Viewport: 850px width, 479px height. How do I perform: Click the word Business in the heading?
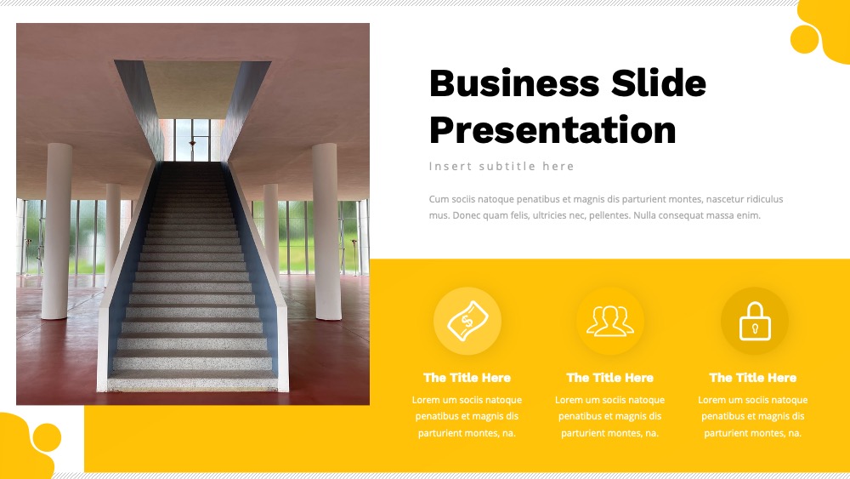514,83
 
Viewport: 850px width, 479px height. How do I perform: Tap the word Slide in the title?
659,83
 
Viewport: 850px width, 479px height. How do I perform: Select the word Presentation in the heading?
552,129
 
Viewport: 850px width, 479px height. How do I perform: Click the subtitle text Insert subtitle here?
501,167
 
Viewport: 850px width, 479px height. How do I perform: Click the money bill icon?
467,321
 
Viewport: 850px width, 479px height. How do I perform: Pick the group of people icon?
609,321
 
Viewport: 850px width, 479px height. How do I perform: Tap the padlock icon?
755,321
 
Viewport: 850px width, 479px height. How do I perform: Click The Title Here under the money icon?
467,378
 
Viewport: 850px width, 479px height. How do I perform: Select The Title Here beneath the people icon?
609,378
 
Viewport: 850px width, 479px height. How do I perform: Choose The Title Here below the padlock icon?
753,378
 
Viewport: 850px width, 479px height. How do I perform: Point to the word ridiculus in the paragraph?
764,199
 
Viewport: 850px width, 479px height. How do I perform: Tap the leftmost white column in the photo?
56,231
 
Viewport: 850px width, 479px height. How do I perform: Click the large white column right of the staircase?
327,231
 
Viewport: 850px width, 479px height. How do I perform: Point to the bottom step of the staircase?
193,382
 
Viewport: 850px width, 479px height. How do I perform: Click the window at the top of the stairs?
192,140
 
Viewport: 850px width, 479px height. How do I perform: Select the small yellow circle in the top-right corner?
804,39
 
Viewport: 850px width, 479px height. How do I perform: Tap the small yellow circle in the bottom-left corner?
47,437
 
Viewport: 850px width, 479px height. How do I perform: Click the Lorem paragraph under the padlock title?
753,417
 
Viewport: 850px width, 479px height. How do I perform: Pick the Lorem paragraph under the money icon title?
467,417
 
